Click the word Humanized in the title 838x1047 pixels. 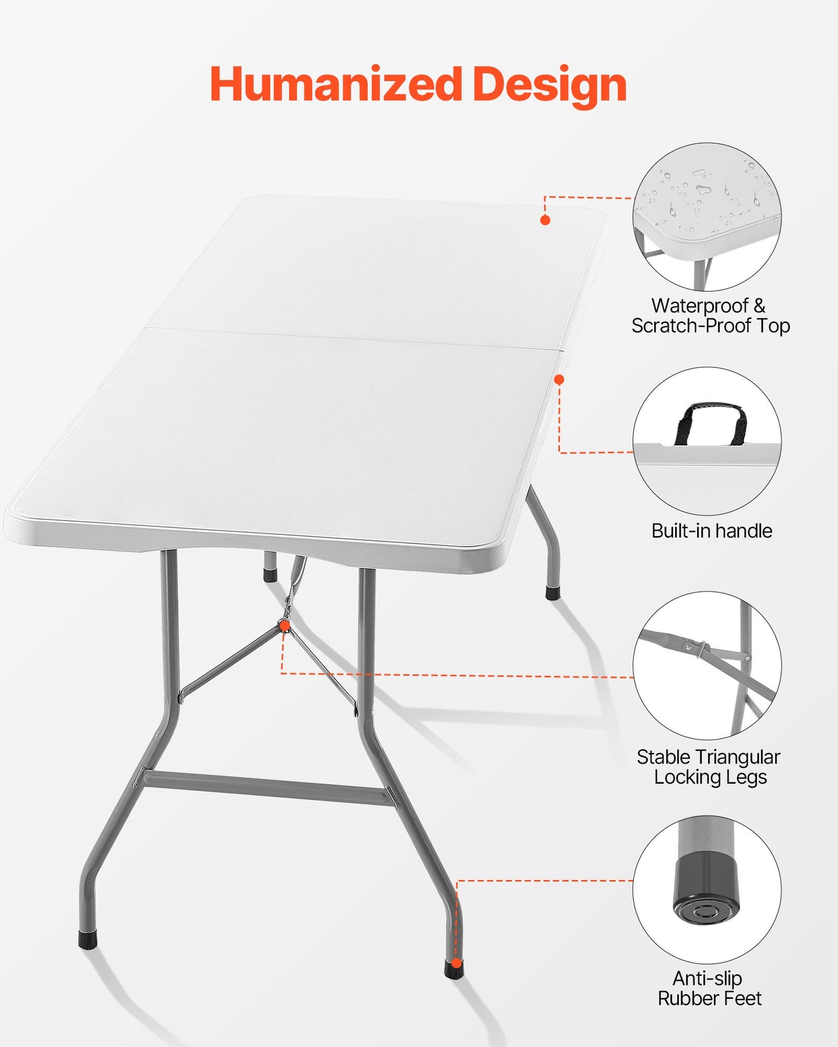coord(335,85)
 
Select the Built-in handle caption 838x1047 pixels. coord(712,530)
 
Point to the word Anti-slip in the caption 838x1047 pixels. coord(707,978)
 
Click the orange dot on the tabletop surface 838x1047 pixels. coord(545,220)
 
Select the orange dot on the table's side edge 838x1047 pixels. coord(559,380)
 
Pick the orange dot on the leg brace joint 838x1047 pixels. coord(284,626)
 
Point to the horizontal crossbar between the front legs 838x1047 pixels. coord(267,787)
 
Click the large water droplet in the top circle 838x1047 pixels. coord(703,190)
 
